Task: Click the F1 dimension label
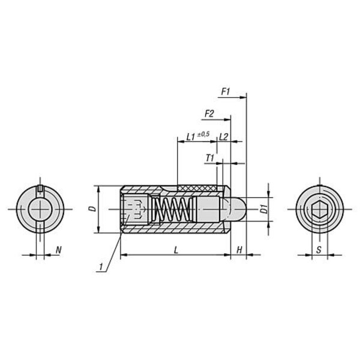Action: (225, 92)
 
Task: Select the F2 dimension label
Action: (209, 113)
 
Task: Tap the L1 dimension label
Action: (191, 137)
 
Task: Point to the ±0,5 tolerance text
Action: (203, 134)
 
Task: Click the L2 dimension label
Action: (223, 137)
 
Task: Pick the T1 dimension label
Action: (210, 158)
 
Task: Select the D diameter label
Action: (92, 209)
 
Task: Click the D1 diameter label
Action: (265, 209)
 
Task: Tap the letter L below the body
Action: (176, 250)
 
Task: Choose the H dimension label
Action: (239, 250)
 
